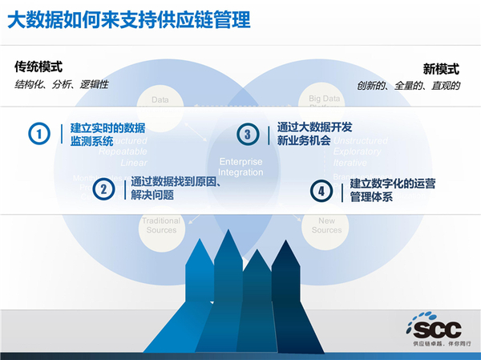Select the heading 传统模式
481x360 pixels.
pos(38,67)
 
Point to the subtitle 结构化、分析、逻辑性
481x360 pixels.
pos(62,84)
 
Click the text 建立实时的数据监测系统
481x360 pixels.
pos(107,134)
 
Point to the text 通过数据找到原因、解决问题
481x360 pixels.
pos(175,188)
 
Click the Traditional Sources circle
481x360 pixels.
pos(162,224)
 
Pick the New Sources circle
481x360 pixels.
pos(326,224)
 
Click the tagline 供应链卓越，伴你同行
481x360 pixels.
pos(441,343)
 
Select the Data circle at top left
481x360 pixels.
pos(161,100)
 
